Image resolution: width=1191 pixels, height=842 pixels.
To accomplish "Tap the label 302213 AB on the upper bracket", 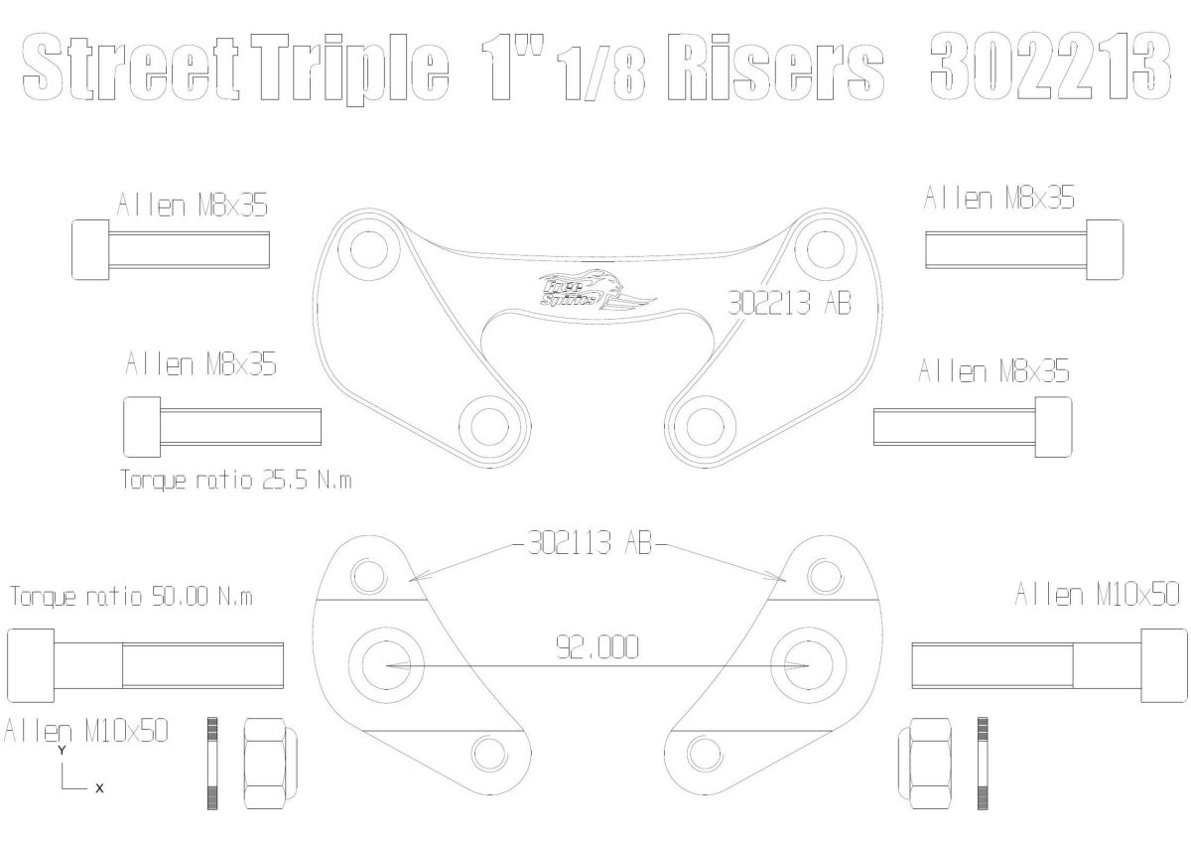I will (x=789, y=304).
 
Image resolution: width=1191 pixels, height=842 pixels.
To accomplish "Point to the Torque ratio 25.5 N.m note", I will (x=236, y=481).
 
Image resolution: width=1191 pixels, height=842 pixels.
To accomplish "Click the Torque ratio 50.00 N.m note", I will (x=131, y=597).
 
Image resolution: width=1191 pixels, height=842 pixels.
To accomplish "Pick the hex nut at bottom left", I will (x=266, y=762).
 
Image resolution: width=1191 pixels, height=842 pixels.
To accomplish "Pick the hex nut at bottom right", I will (x=925, y=762).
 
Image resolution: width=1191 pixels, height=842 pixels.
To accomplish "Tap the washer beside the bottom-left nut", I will (x=212, y=762).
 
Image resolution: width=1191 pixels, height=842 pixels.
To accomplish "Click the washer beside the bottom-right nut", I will (x=983, y=762).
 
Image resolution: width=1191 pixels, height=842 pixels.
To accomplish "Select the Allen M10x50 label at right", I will (x=1097, y=595).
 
